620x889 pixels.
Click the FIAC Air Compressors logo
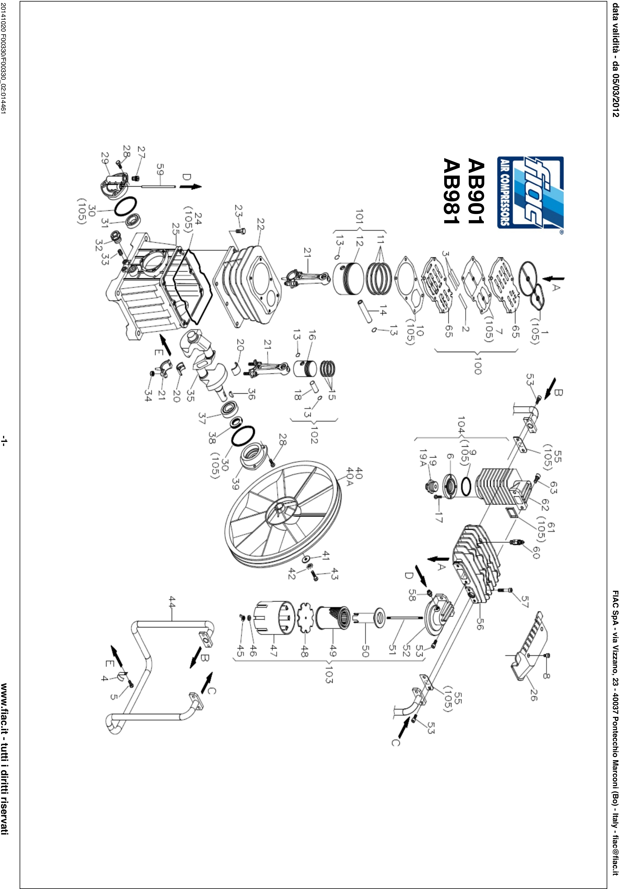tap(530, 192)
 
